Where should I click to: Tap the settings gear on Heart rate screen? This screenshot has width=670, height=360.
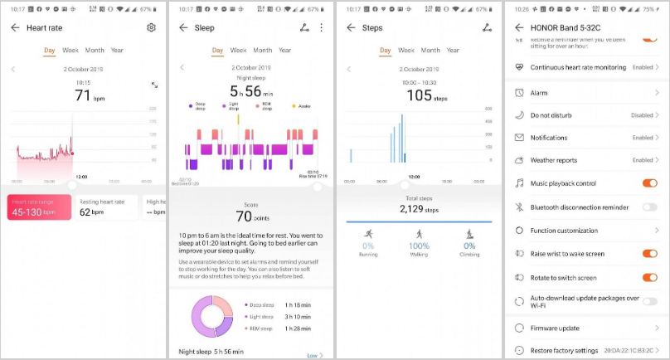pyautogui.click(x=151, y=27)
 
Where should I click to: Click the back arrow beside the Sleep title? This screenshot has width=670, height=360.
pyautogui.click(x=182, y=27)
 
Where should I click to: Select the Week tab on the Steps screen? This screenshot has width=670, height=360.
pyautogui.click(x=406, y=50)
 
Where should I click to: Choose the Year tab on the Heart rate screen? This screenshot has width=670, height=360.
pyautogui.click(x=117, y=50)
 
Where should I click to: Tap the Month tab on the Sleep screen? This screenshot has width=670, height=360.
pyautogui.click(x=263, y=50)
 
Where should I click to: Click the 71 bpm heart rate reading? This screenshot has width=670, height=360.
pyautogui.click(x=83, y=95)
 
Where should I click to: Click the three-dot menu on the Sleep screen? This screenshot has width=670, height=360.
pyautogui.click(x=321, y=27)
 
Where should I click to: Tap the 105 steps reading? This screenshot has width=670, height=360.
pyautogui.click(x=419, y=95)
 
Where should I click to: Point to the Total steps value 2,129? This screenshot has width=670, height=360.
pyautogui.click(x=419, y=209)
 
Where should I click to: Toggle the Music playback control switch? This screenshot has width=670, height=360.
pyautogui.click(x=649, y=183)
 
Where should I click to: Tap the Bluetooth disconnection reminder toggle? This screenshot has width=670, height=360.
pyautogui.click(x=649, y=207)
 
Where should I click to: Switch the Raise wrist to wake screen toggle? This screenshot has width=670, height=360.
pyautogui.click(x=649, y=254)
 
